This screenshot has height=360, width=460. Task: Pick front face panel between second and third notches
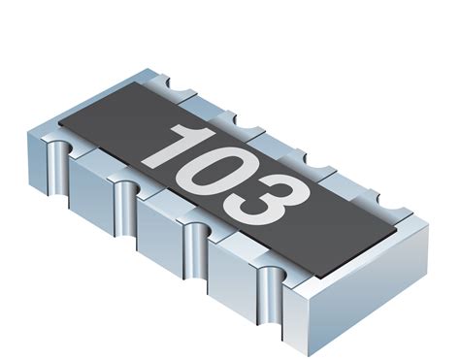[x=159, y=233]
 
